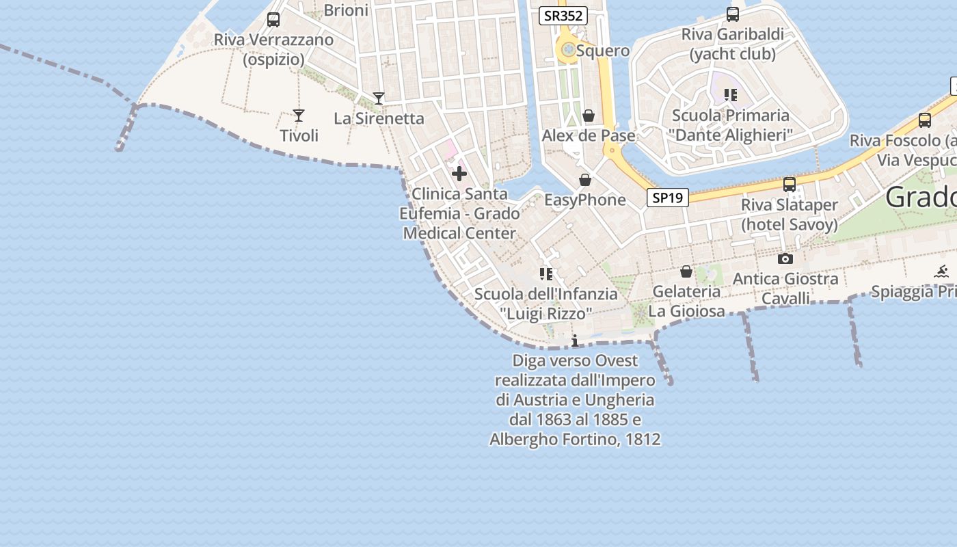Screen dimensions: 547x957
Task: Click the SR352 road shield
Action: pyautogui.click(x=563, y=16)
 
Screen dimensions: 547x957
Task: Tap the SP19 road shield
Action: pyautogui.click(x=667, y=198)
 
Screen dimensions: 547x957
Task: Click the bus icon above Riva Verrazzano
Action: pyautogui.click(x=273, y=20)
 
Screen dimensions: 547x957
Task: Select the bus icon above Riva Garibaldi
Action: pyautogui.click(x=733, y=14)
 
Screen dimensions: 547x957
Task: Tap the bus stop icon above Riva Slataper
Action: pyautogui.click(x=790, y=185)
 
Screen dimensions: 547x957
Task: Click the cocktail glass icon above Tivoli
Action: pyautogui.click(x=298, y=115)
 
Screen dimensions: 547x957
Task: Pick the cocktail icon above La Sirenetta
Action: pyautogui.click(x=379, y=98)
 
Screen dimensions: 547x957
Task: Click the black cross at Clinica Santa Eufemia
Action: pyautogui.click(x=459, y=174)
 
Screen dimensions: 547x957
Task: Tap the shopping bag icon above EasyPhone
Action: pyautogui.click(x=585, y=181)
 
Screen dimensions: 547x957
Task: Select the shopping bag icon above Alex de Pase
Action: pyautogui.click(x=589, y=116)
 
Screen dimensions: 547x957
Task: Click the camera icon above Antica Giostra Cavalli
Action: pyautogui.click(x=785, y=258)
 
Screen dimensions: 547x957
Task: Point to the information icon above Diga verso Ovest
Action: pyautogui.click(x=575, y=341)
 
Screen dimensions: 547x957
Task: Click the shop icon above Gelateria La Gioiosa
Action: pyautogui.click(x=686, y=272)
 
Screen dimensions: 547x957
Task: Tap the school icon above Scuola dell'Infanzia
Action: pyautogui.click(x=545, y=274)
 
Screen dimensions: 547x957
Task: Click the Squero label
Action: pyautogui.click(x=602, y=51)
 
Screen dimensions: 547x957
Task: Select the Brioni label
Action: pyautogui.click(x=346, y=10)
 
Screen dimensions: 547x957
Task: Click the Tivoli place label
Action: pyautogui.click(x=299, y=135)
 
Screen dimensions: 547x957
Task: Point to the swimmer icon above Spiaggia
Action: pyautogui.click(x=942, y=271)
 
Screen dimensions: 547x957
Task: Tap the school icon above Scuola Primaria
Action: pyautogui.click(x=731, y=95)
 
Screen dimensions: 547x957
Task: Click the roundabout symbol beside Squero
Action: pyautogui.click(x=568, y=49)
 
